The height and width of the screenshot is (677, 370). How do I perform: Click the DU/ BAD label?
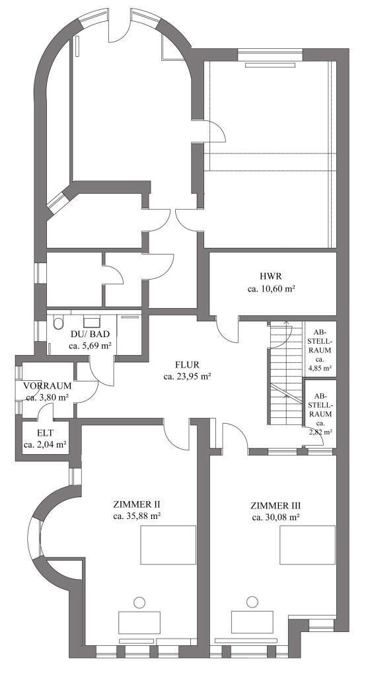[x=90, y=334]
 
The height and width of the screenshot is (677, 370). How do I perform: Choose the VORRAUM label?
[x=48, y=385]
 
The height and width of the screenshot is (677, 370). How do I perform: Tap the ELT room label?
[x=46, y=432]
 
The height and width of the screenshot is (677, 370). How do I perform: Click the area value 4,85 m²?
[x=320, y=368]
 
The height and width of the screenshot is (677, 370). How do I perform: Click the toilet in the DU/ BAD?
[x=58, y=323]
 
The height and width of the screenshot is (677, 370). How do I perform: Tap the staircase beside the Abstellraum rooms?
[x=286, y=373]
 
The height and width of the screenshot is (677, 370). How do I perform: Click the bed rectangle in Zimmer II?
[x=168, y=545]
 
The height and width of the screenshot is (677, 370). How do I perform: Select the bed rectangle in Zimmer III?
[x=307, y=545]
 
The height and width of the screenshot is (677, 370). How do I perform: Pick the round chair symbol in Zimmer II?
[x=139, y=602]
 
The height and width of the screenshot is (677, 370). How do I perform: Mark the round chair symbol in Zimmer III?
[x=252, y=602]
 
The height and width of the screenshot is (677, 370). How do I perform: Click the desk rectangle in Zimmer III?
[x=252, y=621]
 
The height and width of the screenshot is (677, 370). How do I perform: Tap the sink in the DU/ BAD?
[x=91, y=322]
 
